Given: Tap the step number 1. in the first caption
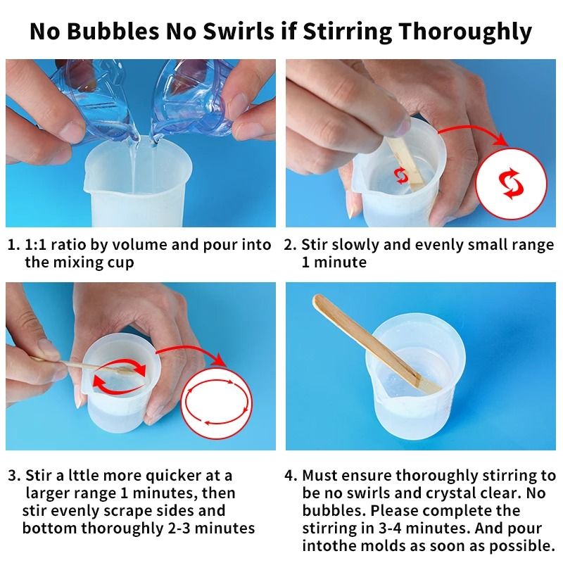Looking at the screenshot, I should click(x=13, y=246).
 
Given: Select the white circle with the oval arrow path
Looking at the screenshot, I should click(x=217, y=403).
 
